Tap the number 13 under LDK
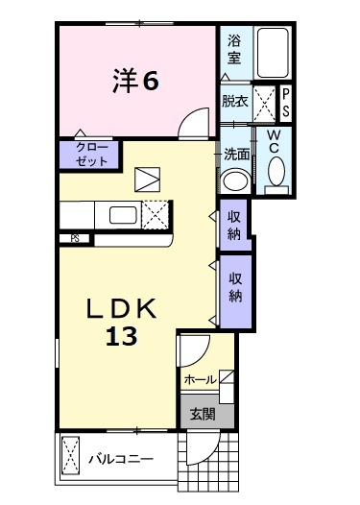pyautogui.click(x=121, y=335)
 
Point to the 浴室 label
pyautogui.click(x=234, y=50)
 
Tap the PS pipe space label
pyautogui.click(x=285, y=103)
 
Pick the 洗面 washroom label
pyautogui.click(x=237, y=154)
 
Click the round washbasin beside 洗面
pyautogui.click(x=233, y=180)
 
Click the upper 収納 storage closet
pyautogui.click(x=234, y=227)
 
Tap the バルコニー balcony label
pyautogui.click(x=121, y=459)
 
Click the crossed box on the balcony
pyautogui.click(x=69, y=457)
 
